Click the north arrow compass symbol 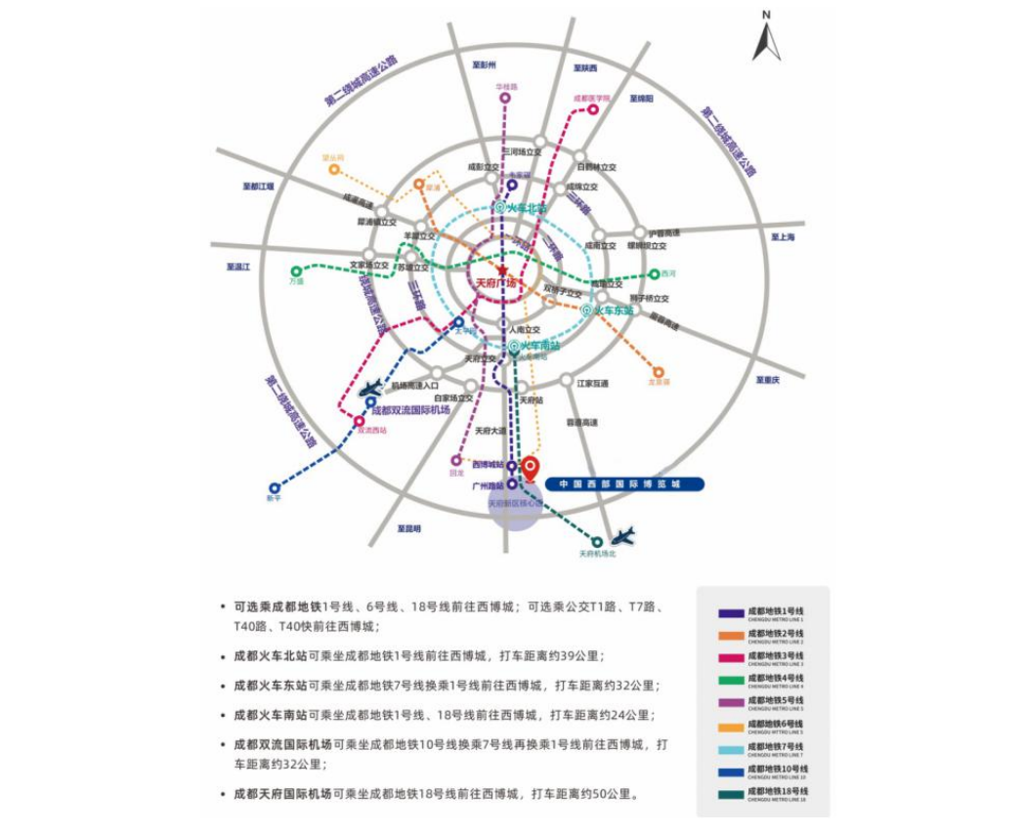(767, 39)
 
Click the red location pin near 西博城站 (531, 468)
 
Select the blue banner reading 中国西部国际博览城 (624, 483)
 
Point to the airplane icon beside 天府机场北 (622, 535)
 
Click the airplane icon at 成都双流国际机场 (369, 389)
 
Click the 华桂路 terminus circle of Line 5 (504, 99)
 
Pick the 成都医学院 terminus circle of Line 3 (592, 110)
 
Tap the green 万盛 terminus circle (296, 271)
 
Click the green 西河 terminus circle (655, 274)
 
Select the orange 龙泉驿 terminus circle (659, 372)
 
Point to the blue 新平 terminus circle (275, 487)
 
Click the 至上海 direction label (783, 237)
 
